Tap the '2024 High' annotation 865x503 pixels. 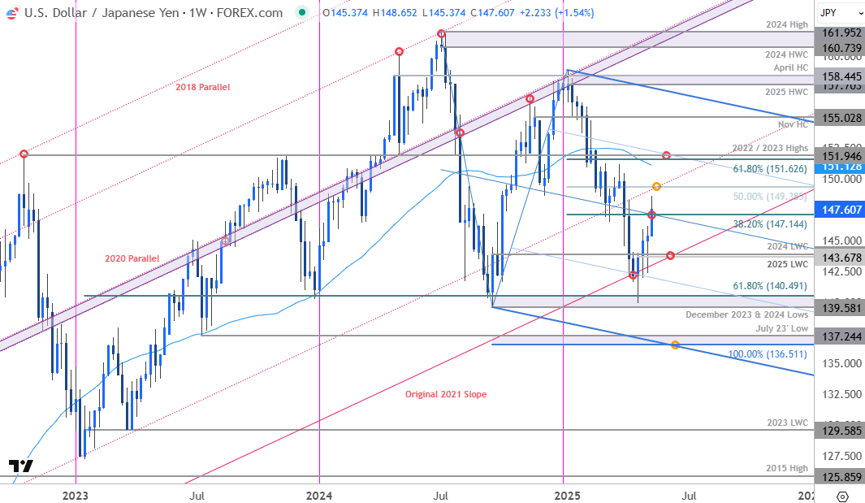coord(788,25)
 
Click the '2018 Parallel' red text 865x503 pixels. coord(203,87)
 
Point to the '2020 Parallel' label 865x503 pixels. coord(132,258)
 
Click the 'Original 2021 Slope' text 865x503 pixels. coord(445,394)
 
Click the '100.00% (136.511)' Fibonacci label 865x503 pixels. coord(769,354)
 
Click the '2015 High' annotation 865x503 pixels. coord(788,467)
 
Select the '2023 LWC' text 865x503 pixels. coord(788,423)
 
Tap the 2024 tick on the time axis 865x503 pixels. coord(319,494)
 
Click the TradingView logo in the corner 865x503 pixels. coord(21,466)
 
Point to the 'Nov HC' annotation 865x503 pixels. coord(792,124)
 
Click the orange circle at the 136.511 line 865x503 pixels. coord(675,345)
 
